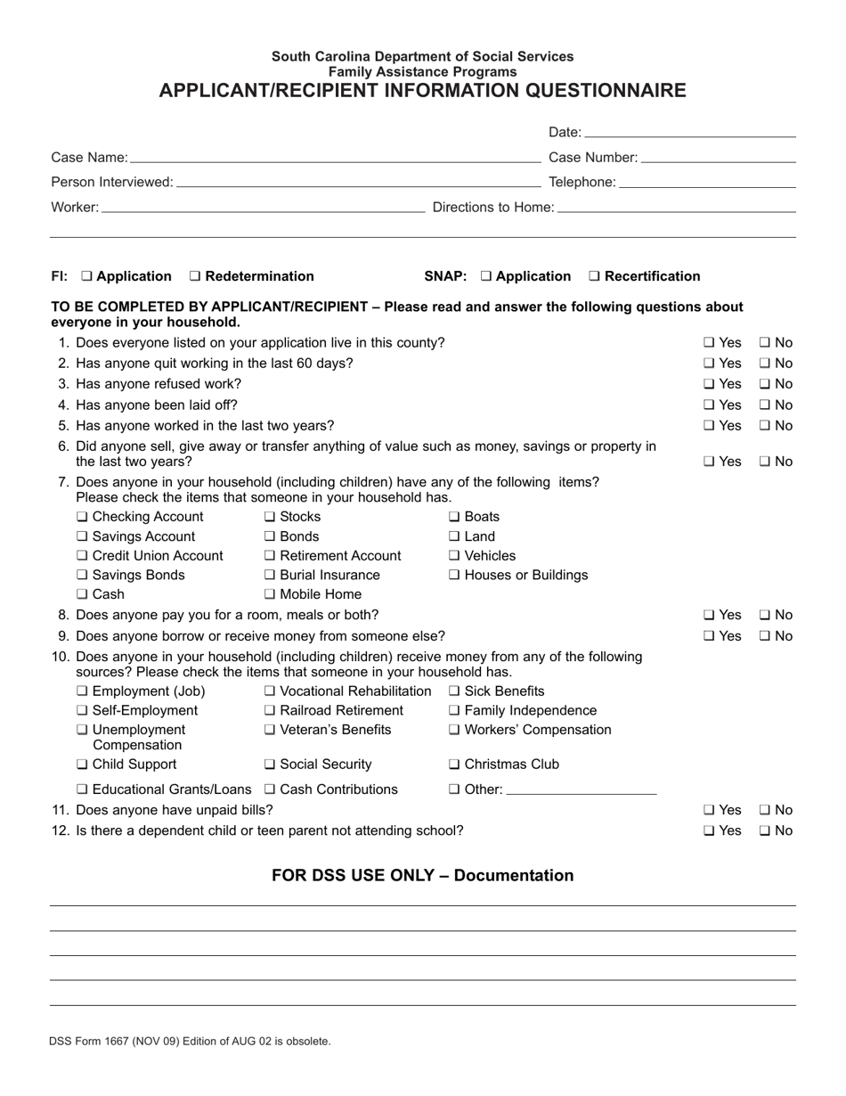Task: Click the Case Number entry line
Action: (718, 158)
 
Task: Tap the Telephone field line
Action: (707, 183)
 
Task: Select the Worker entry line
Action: (264, 208)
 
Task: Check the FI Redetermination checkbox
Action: (196, 277)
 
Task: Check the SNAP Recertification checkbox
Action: (595, 277)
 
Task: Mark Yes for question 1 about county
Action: (709, 343)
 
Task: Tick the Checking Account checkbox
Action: (82, 518)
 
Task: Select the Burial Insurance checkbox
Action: (270, 576)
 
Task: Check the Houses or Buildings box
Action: (454, 576)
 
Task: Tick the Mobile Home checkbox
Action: (270, 595)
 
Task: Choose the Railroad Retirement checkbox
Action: (270, 711)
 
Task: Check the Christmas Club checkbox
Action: (454, 765)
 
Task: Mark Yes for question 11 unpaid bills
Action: (709, 811)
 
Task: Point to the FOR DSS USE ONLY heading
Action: (422, 876)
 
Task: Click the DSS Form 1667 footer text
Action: (190, 1041)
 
